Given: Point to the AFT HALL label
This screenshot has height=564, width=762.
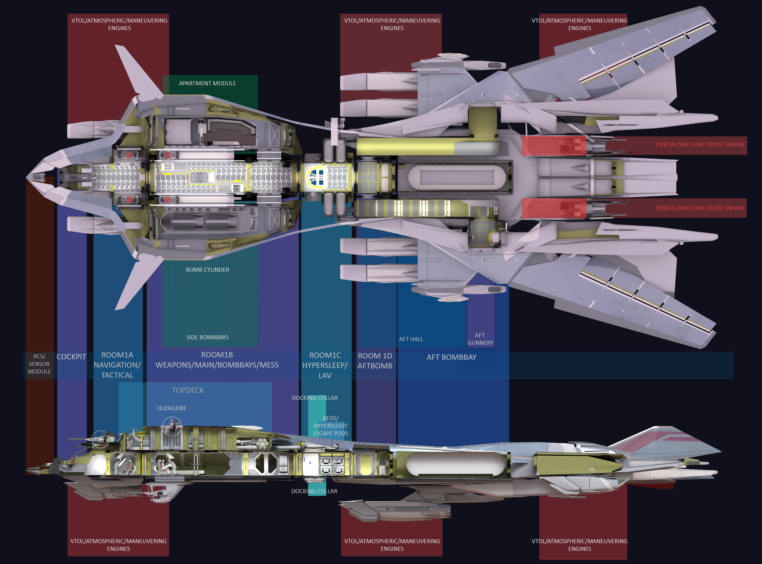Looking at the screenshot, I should tap(411, 339).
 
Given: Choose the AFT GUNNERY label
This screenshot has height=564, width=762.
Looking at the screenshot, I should tap(480, 339).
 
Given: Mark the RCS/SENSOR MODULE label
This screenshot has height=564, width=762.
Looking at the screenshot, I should tap(39, 364).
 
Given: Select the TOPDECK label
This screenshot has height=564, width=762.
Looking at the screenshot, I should tap(188, 390).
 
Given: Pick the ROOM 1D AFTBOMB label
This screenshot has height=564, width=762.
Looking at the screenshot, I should tap(375, 361).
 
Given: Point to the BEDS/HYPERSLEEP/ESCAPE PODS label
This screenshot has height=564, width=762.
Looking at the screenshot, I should tap(330, 426).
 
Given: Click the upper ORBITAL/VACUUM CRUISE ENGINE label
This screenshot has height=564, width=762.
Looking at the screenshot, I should tap(700, 144).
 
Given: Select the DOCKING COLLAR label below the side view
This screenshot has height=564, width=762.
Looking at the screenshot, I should tap(314, 491).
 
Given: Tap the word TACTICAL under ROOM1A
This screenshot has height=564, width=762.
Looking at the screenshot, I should tap(117, 375).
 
